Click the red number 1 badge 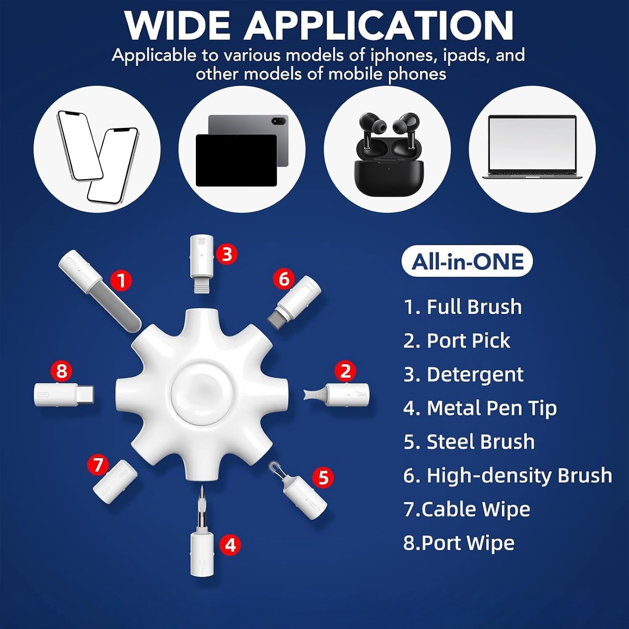122,281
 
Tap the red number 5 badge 323,477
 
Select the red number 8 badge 62,371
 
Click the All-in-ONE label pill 467,261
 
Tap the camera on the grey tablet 279,121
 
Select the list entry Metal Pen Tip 480,408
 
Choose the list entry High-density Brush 507,476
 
